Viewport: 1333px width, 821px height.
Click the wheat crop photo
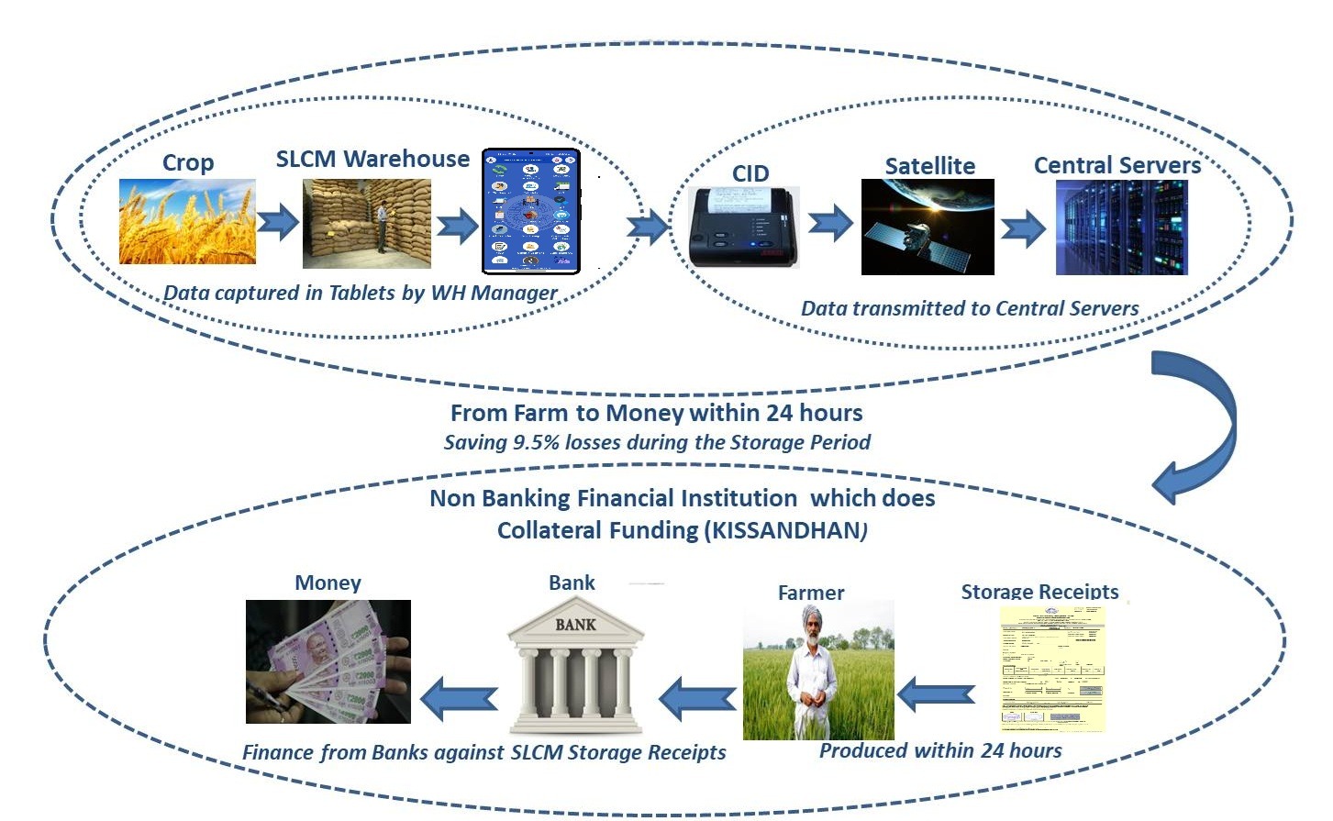coord(187,222)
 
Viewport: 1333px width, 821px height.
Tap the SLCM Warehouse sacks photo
coord(366,223)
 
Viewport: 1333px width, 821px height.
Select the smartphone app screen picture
coord(531,211)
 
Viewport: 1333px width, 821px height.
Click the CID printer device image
coord(743,227)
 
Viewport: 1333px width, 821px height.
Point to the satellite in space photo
coord(928,227)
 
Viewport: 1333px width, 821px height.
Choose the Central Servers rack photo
coord(1121,227)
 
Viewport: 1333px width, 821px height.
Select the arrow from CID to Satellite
coord(830,223)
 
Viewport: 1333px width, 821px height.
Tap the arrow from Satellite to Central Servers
coord(1023,228)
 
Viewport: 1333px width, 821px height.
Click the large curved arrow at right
coord(1202,422)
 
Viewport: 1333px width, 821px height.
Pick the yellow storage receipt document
coord(1052,669)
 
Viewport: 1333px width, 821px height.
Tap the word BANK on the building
coord(575,625)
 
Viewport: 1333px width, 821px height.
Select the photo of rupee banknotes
coord(328,661)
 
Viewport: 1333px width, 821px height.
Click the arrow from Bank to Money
coord(458,699)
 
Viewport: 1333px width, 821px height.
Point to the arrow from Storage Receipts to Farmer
coord(935,695)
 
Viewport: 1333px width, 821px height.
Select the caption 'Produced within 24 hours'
coord(940,750)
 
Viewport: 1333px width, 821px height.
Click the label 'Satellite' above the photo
coord(929,166)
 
